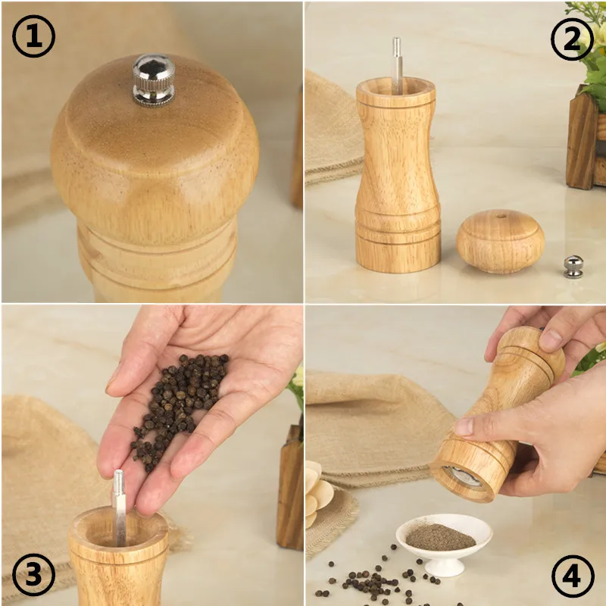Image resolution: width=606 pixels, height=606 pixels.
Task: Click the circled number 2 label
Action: (572, 38)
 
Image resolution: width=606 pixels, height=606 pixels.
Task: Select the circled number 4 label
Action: (573, 577)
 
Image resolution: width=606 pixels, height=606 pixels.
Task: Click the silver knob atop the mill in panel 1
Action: (154, 79)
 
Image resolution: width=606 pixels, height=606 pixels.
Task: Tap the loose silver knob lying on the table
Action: (573, 267)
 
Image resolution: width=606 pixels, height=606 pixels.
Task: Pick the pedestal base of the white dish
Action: (443, 567)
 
